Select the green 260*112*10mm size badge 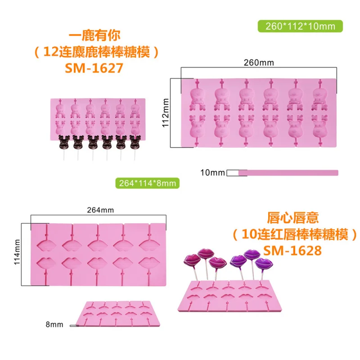(x=300, y=26)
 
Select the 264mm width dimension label (x=101, y=210)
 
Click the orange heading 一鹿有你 (x=94, y=36)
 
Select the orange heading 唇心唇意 (x=292, y=219)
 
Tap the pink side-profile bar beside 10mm (x=288, y=173)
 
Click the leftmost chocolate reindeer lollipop (x=64, y=142)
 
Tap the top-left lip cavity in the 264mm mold (x=47, y=244)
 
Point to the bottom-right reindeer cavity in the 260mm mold (x=320, y=128)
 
